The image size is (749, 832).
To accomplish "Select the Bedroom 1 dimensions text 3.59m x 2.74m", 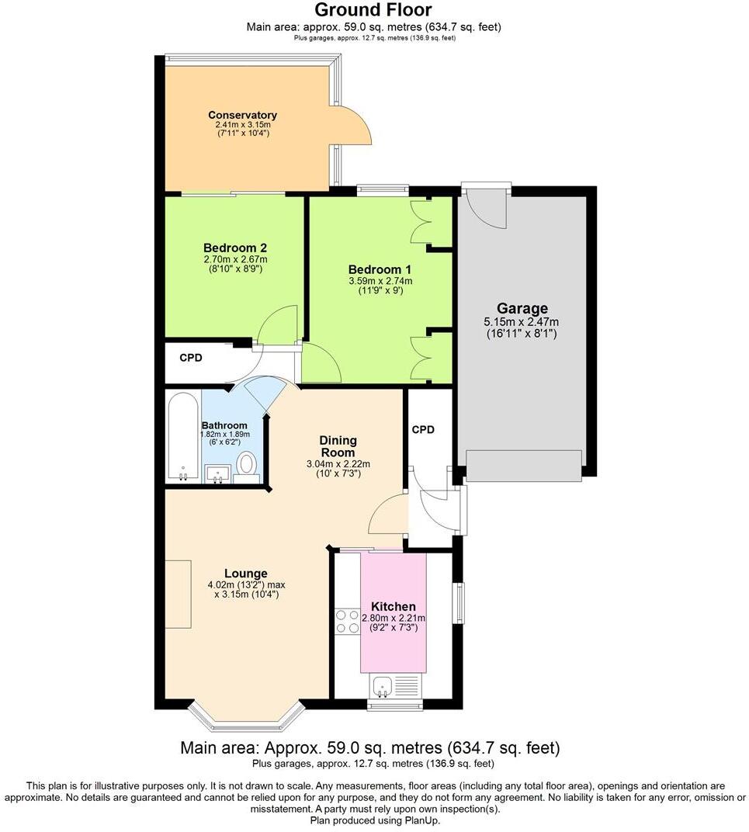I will (x=380, y=281).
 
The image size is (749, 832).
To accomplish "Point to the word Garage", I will (x=522, y=308).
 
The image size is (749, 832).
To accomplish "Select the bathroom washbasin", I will (x=217, y=472).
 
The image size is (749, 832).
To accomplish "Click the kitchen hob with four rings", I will (x=346, y=622).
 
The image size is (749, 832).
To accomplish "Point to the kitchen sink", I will (x=382, y=685).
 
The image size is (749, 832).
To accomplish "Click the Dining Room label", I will (x=338, y=446).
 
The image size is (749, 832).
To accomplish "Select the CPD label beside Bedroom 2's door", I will (x=191, y=358).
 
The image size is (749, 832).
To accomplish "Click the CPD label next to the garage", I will (x=423, y=429).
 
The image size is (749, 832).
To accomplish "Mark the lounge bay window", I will (x=244, y=719).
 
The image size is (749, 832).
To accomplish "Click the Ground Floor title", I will (x=374, y=11).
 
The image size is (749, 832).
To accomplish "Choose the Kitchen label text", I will (x=393, y=606).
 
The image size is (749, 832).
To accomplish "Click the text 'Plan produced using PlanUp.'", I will (x=374, y=820).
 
